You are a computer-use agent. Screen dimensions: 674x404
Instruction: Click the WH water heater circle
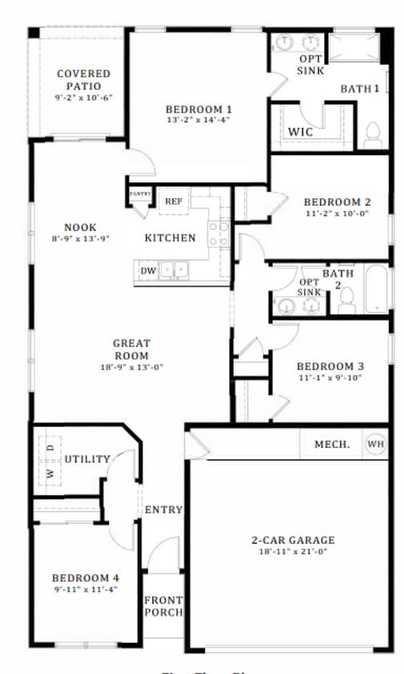(x=375, y=444)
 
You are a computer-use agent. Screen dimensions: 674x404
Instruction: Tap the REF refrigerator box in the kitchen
(x=173, y=201)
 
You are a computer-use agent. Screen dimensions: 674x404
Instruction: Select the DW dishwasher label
(x=148, y=271)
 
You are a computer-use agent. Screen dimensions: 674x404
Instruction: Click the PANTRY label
(x=140, y=193)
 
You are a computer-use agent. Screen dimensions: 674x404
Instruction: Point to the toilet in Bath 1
(x=373, y=136)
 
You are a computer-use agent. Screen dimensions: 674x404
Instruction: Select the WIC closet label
(x=300, y=130)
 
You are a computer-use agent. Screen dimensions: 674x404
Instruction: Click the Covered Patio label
(x=83, y=80)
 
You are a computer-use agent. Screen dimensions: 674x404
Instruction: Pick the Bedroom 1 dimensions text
(x=198, y=120)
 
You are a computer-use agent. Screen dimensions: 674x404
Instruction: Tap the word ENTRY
(x=163, y=509)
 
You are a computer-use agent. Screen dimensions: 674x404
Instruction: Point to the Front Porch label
(x=162, y=606)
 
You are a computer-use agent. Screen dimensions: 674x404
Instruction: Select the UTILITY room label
(x=87, y=459)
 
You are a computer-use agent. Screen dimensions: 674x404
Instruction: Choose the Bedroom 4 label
(x=86, y=577)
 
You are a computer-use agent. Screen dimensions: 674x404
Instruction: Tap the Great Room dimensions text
(x=131, y=367)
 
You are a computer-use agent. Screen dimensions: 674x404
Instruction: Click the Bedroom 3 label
(x=331, y=366)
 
